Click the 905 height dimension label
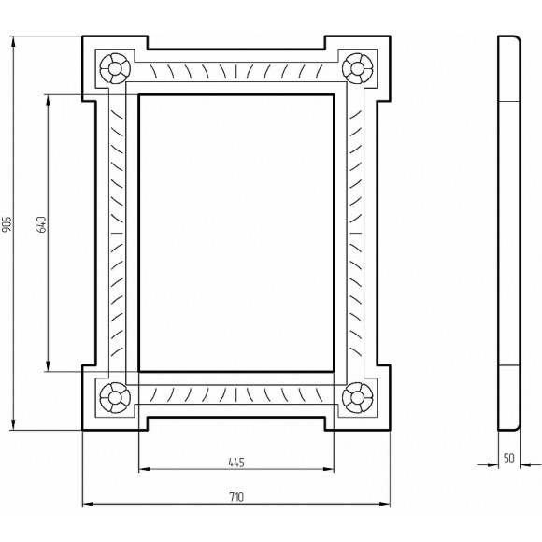point(8,223)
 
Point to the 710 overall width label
point(235,499)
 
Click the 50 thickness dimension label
point(508,459)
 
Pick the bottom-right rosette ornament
point(356,396)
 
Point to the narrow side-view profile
point(508,234)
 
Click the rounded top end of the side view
point(508,39)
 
